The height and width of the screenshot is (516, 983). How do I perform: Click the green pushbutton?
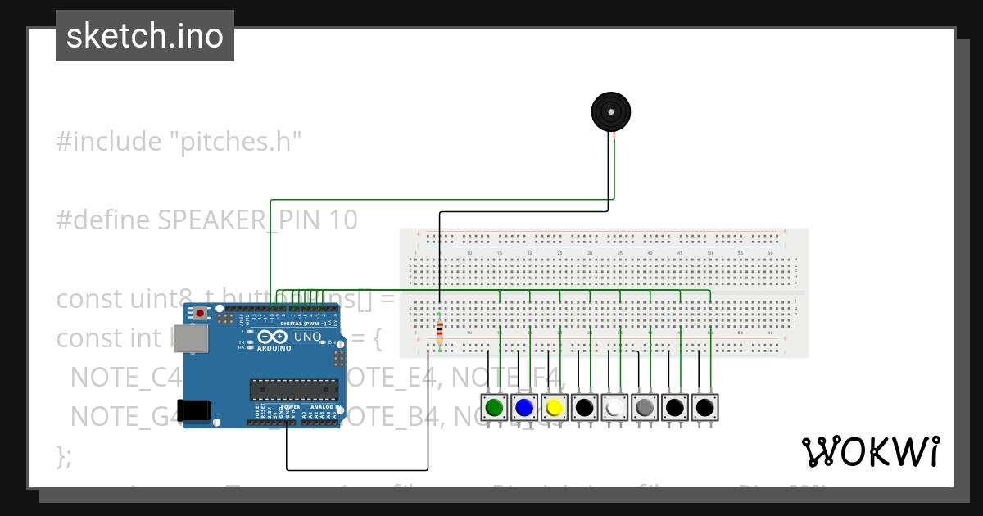coord(494,407)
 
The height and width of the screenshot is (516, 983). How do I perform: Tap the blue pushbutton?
coord(524,407)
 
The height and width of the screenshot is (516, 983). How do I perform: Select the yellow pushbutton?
coord(555,407)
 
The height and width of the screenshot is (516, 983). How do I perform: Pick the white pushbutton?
coord(614,407)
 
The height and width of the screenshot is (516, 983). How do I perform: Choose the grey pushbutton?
coord(645,407)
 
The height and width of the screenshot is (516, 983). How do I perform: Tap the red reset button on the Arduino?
coord(200,314)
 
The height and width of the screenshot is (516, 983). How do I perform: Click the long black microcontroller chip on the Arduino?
coord(293,391)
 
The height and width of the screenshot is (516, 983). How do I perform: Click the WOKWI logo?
coord(870,451)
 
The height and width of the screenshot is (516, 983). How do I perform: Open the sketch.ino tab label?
coord(145,36)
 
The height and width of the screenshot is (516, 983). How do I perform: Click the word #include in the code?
coord(108,142)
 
